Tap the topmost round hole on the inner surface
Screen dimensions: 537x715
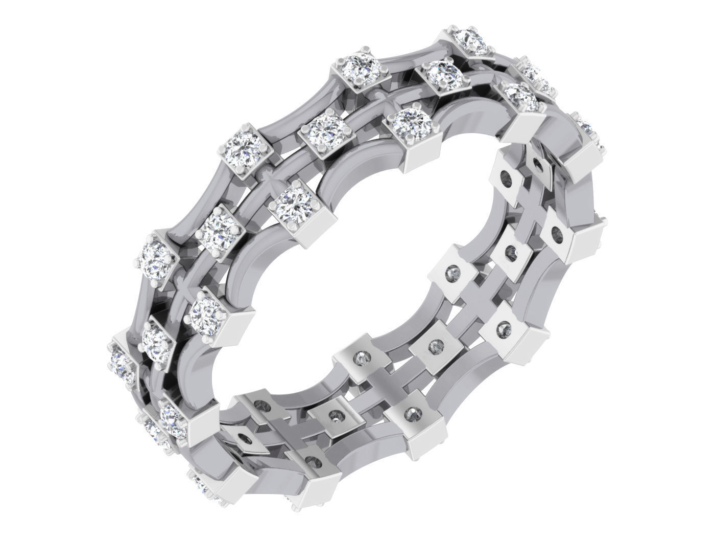click(x=537, y=164)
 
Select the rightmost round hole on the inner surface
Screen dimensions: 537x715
click(x=557, y=235)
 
